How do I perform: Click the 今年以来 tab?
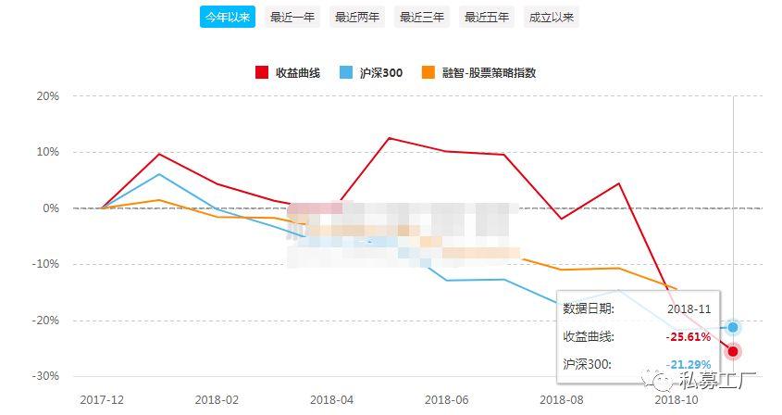pos(228,17)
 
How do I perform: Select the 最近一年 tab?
pos(292,17)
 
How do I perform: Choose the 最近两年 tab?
pos(357,17)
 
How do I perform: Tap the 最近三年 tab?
pos(422,17)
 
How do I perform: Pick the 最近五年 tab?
pos(487,17)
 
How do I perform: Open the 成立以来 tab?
pos(552,17)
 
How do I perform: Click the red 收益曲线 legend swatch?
pos(261,72)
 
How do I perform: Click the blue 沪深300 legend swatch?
pos(346,72)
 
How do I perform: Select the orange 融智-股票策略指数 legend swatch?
pos(428,72)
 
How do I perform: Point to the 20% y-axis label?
pos(48,96)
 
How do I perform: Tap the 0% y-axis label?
pos(52,208)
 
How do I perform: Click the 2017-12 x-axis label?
pos(102,399)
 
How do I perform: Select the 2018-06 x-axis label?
pos(447,399)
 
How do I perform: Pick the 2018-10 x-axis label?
pos(676,399)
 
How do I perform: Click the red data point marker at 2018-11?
pos(733,351)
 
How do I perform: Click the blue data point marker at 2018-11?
pos(733,327)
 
